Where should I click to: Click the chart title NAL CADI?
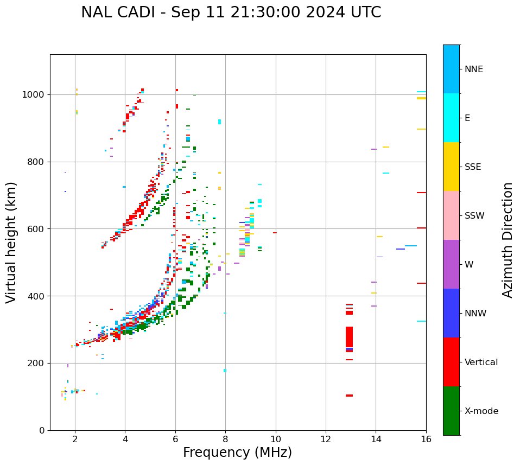coord(231,12)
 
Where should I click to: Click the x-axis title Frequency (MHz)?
coord(237,453)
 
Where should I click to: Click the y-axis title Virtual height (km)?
coord(11,243)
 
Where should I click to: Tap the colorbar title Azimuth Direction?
coord(508,240)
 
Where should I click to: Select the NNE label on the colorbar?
coord(473,69)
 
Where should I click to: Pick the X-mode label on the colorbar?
coord(481,411)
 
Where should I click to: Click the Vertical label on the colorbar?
coord(481,362)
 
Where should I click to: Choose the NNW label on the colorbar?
coord(475,314)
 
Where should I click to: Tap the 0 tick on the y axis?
coord(42,430)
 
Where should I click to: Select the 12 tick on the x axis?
coord(326,439)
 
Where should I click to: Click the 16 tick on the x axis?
coord(426,439)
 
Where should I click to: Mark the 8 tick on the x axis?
coord(225,439)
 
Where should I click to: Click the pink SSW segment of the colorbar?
coord(451,215)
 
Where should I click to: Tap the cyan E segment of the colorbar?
coord(451,118)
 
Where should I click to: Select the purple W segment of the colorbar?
coord(451,264)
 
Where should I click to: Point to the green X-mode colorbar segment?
coord(451,411)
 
